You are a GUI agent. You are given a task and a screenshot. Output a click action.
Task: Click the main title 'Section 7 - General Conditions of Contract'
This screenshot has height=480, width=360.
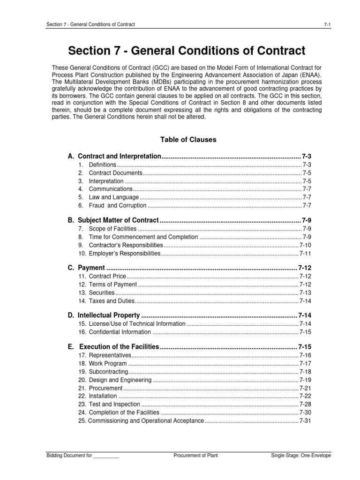pos(187,51)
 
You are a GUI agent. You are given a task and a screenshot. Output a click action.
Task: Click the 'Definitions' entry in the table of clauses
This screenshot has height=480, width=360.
pos(102,165)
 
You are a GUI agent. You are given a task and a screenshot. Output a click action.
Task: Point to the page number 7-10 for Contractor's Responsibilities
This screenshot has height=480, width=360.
pos(305,245)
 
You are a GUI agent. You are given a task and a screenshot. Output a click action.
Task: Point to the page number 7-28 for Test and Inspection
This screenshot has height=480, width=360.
pos(305,404)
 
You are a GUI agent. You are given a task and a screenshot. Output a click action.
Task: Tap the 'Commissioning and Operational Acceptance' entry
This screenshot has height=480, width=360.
pos(141,420)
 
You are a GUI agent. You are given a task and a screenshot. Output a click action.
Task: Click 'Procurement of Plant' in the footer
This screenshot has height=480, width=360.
pos(195,455)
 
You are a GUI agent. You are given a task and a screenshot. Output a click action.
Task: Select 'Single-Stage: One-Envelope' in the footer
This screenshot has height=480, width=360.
pos(301,455)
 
